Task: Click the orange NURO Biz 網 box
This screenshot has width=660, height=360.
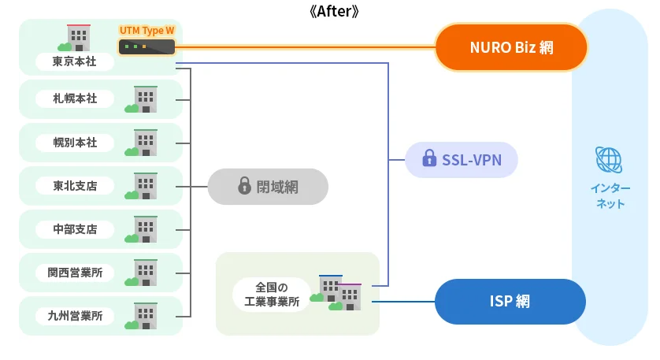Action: [511, 47]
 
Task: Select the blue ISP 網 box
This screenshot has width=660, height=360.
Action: [510, 301]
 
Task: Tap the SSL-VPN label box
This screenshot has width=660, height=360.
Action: [461, 160]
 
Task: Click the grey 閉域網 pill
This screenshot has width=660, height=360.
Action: [268, 187]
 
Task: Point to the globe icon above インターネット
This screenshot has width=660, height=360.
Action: [609, 160]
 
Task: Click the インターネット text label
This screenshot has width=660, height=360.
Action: [610, 196]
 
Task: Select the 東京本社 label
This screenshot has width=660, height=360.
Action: [75, 61]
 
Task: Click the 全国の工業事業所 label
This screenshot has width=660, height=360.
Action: [272, 294]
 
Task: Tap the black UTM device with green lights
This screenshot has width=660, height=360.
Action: [146, 47]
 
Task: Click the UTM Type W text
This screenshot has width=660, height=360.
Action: [146, 31]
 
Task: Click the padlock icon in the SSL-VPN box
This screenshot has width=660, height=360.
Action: [429, 160]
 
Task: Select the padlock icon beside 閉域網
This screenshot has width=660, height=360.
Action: [244, 187]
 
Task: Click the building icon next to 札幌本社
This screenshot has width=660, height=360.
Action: [143, 99]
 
